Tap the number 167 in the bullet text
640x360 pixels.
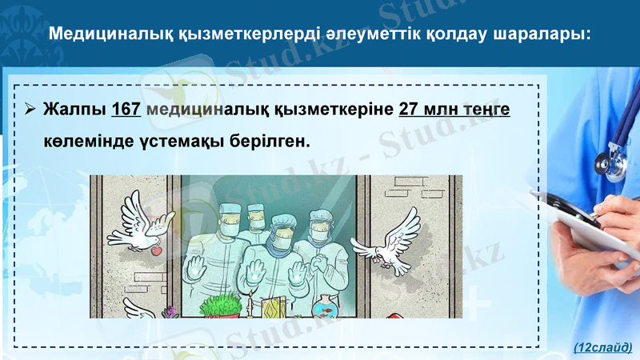pyautogui.click(x=126, y=109)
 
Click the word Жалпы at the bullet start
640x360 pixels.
pyautogui.click(x=74, y=109)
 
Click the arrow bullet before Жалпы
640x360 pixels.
pyautogui.click(x=30, y=109)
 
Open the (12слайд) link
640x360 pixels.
pyautogui.click(x=603, y=347)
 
